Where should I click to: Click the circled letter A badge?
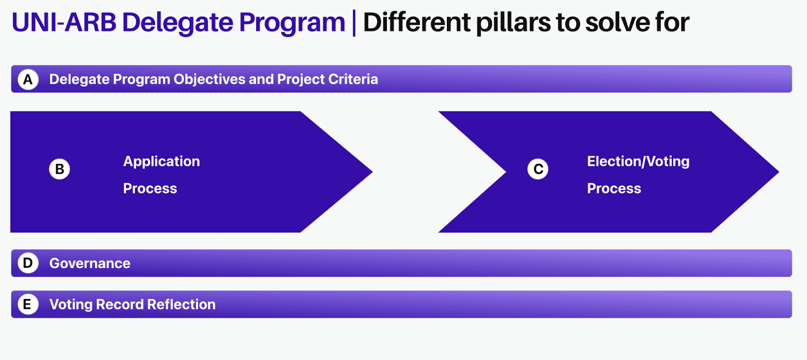pos(28,79)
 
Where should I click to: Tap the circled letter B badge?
pos(60,169)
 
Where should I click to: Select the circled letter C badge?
pos(538,169)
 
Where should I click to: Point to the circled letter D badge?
pos(28,263)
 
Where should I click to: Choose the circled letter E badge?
pos(28,304)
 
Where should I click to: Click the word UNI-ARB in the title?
pos(64,22)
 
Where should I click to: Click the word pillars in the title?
pos(513,23)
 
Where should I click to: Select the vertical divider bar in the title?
pos(354,23)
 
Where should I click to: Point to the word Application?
pos(161,162)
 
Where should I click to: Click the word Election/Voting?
pos(638,162)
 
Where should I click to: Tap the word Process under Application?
pos(150,189)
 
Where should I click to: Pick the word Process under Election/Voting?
pos(614,189)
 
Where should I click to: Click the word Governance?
pos(90,264)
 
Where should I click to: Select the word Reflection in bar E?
pos(181,305)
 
